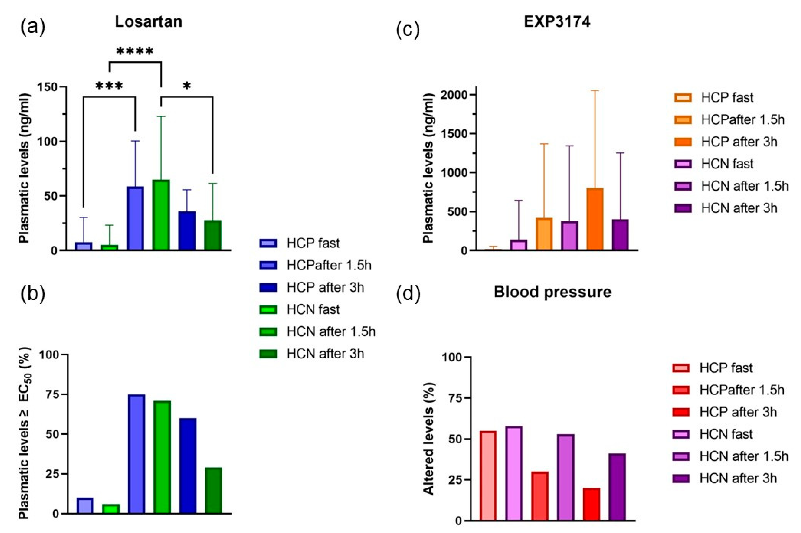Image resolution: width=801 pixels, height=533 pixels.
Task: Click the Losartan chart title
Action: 148,22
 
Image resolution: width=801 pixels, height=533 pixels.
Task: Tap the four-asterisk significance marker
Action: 135,52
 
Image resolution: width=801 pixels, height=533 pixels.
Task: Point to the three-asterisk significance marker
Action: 109,86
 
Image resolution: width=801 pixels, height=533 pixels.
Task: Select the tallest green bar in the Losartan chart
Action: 161,215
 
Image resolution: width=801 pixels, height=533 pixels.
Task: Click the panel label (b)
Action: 33,294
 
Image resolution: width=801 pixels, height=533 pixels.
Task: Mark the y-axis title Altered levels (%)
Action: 429,439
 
